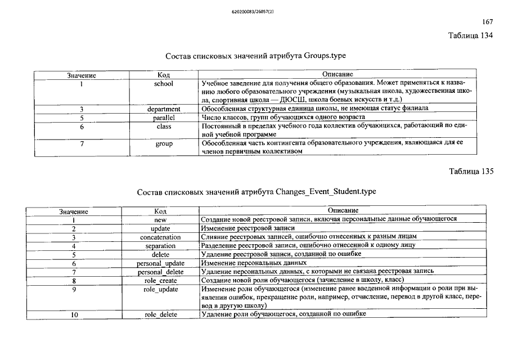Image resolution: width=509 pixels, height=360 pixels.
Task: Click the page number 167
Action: [487, 22]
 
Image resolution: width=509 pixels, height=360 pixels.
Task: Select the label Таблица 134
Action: [470, 35]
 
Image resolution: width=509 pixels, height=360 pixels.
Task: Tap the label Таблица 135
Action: [470, 171]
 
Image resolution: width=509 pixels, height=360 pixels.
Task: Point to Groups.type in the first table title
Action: [325, 56]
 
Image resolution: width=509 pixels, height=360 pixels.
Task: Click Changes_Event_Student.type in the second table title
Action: [326, 192]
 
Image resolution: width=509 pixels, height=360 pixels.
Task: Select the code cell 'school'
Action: [164, 83]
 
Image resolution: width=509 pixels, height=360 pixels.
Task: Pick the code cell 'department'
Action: [164, 109]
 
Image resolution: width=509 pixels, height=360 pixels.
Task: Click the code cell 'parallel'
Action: [164, 118]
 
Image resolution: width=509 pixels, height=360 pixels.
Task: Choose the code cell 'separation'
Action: [160, 246]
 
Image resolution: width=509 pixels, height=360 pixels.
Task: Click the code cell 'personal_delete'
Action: [160, 272]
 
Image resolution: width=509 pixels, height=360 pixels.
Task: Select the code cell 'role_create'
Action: [160, 280]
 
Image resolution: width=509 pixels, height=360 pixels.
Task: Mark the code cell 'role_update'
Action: [160, 289]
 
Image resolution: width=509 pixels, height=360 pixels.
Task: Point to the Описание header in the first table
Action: [337, 74]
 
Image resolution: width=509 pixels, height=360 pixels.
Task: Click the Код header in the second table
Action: [160, 211]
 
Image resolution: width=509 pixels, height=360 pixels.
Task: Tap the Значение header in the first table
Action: [82, 75]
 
